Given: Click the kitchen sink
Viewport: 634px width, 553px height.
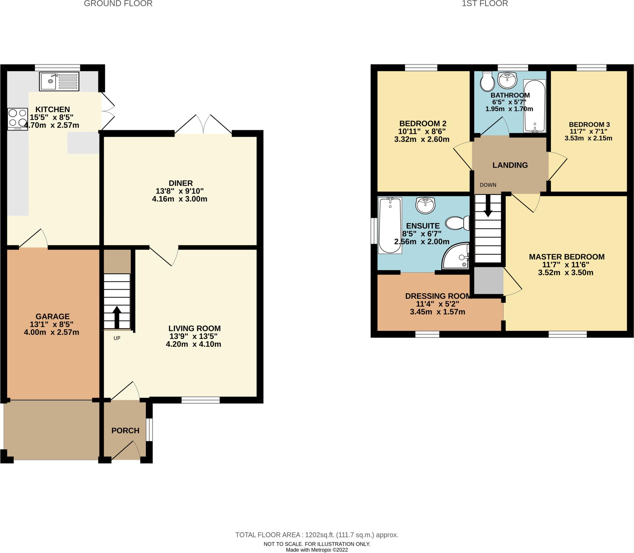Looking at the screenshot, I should [x=59, y=81].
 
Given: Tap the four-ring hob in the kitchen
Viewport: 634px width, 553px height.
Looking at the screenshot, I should [x=18, y=119].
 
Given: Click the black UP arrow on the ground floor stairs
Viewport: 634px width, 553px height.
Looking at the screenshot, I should [x=117, y=317].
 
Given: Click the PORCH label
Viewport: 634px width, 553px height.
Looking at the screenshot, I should [x=125, y=430].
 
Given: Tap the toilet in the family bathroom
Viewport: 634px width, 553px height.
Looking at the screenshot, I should [x=487, y=82].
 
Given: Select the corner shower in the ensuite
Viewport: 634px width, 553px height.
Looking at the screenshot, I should [x=456, y=256].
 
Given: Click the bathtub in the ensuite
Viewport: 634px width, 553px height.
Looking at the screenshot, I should [x=390, y=225].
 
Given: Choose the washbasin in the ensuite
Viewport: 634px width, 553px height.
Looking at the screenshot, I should [x=426, y=205].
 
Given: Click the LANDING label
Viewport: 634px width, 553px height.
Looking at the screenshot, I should [x=510, y=165].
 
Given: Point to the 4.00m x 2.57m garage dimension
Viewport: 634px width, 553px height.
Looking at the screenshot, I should [x=51, y=332].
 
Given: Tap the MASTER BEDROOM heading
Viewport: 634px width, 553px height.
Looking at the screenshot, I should [x=567, y=257].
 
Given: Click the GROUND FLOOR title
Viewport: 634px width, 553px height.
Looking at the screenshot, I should [x=118, y=4].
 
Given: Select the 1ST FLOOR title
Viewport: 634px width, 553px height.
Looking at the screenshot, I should [x=485, y=4].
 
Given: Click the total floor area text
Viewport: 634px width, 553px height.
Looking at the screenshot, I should [x=317, y=535].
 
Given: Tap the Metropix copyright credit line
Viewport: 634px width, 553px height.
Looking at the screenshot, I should [x=317, y=550].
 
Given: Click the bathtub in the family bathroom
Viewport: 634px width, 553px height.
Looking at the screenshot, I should [x=534, y=106].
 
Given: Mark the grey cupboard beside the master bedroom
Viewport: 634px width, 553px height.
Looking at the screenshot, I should [x=489, y=281].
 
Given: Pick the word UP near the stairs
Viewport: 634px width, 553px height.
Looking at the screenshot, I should [x=117, y=338].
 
